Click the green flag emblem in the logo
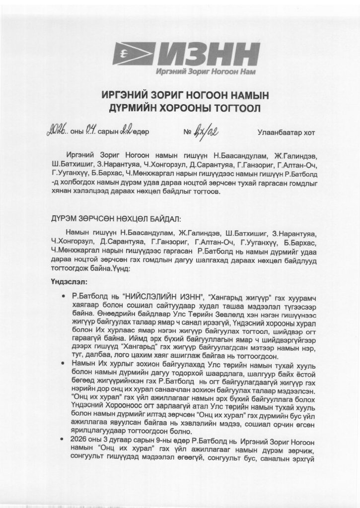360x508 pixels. click(131, 53)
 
